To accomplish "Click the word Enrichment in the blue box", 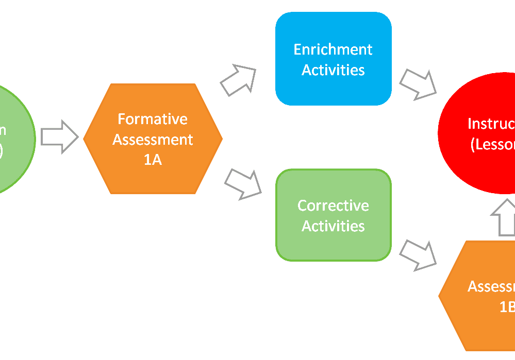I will click(333, 49).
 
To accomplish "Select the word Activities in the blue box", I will click(333, 70).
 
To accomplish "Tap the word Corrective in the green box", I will click(333, 205).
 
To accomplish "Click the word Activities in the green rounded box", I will click(333, 226).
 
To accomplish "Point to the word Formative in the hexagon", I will click(153, 119).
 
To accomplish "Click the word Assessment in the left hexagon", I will click(153, 140).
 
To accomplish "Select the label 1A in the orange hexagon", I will click(153, 160).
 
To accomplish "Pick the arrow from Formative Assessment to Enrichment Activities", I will click(238, 80).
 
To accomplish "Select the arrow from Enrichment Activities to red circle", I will click(418, 83).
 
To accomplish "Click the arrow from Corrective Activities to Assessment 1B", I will click(418, 254).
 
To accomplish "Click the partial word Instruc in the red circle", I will click(491, 124).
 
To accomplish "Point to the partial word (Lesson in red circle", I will click(492, 145).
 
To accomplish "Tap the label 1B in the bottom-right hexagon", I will click(507, 307).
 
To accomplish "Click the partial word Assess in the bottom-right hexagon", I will click(491, 286).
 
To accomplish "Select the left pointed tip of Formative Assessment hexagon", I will click(85, 139).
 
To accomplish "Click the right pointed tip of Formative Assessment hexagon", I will click(221, 139).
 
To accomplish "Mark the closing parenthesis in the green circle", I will click(2, 150).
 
